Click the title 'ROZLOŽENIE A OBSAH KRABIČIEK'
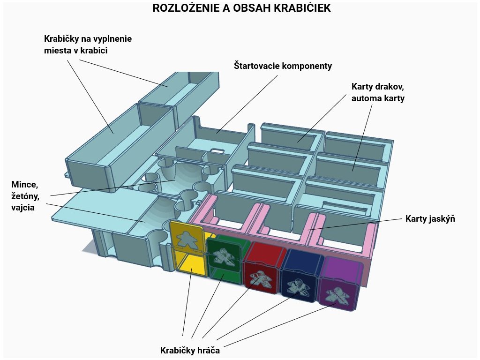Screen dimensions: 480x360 point(241,8)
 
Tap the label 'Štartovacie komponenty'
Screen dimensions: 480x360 point(283,66)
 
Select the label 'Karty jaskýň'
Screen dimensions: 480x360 point(430,219)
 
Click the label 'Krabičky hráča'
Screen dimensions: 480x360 point(190,350)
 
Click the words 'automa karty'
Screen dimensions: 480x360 point(378,98)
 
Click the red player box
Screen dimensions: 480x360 point(262,269)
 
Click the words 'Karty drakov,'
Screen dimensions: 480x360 point(377,87)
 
